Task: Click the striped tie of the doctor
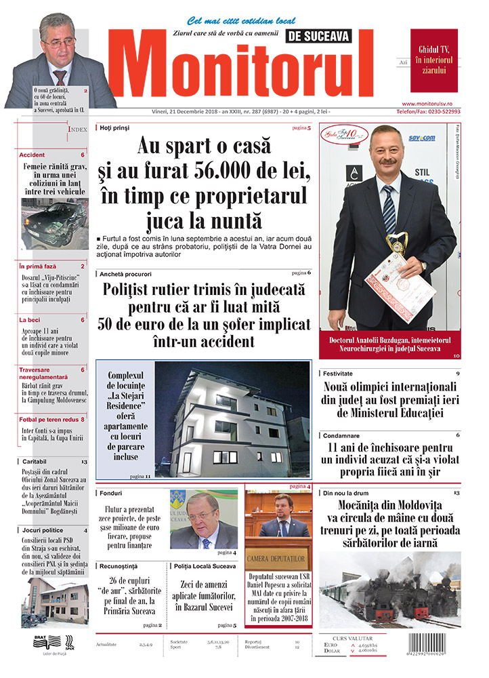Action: click(x=388, y=207)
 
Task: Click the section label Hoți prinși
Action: click(x=113, y=127)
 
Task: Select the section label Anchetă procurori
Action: click(x=126, y=273)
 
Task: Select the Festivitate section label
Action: click(x=339, y=373)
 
